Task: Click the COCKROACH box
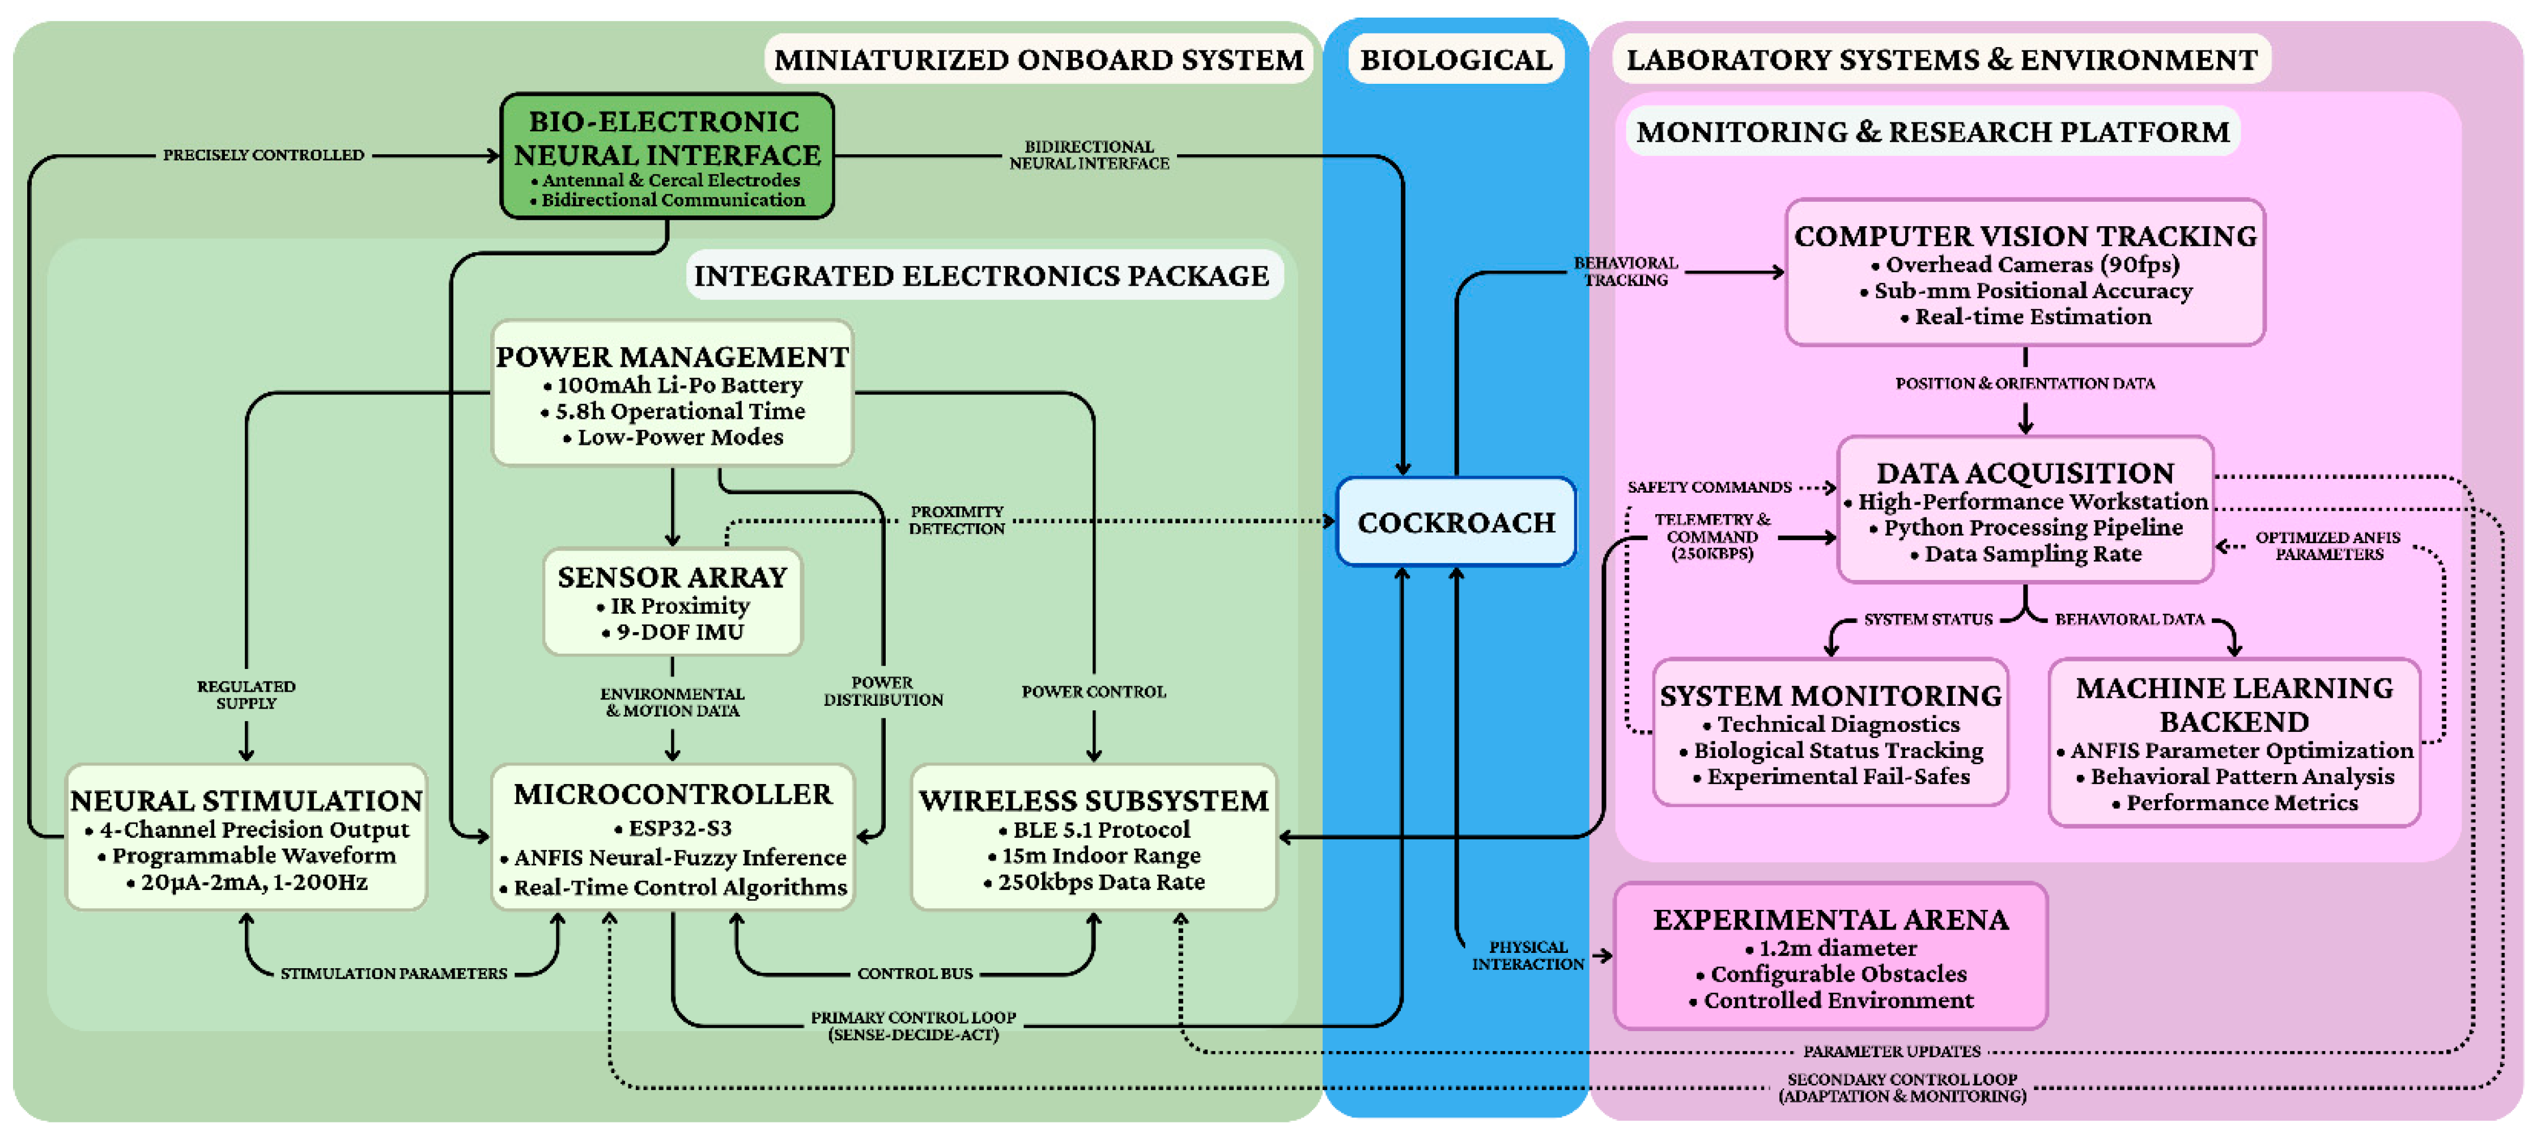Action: (x=1456, y=522)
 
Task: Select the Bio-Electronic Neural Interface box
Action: (x=668, y=156)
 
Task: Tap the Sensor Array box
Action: (x=673, y=601)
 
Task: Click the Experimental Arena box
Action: (x=1830, y=956)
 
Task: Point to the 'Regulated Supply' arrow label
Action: (x=246, y=694)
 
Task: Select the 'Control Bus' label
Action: (x=915, y=973)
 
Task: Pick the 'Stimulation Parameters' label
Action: (x=394, y=973)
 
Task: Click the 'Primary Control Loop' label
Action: (x=913, y=1025)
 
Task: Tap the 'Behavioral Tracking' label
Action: (x=1626, y=271)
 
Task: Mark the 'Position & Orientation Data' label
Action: (x=2025, y=383)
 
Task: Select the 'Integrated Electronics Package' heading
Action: (x=982, y=276)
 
